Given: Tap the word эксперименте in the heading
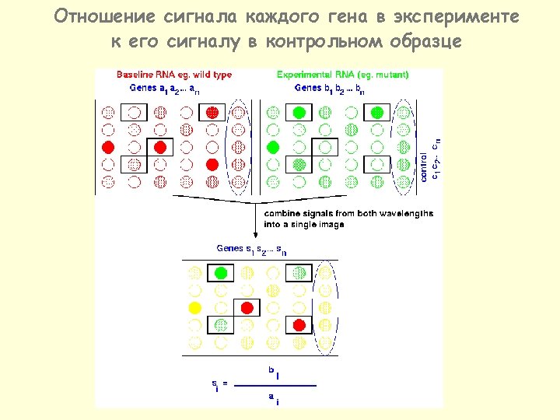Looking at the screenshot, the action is (x=454, y=16).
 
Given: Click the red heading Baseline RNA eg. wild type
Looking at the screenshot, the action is (x=174, y=75).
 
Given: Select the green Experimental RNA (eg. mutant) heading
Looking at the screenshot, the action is (x=343, y=75).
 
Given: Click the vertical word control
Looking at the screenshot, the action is (x=424, y=165).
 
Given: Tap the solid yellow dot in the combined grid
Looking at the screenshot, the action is (x=195, y=307).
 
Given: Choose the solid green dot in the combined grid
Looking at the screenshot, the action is (x=222, y=273).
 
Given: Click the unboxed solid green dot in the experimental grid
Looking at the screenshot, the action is (x=273, y=146).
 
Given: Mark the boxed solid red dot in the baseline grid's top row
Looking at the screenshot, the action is (x=212, y=113).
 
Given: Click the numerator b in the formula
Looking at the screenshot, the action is (x=272, y=371).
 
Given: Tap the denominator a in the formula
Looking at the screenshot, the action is (x=271, y=397).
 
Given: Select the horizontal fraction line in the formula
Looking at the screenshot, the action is (x=276, y=384).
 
